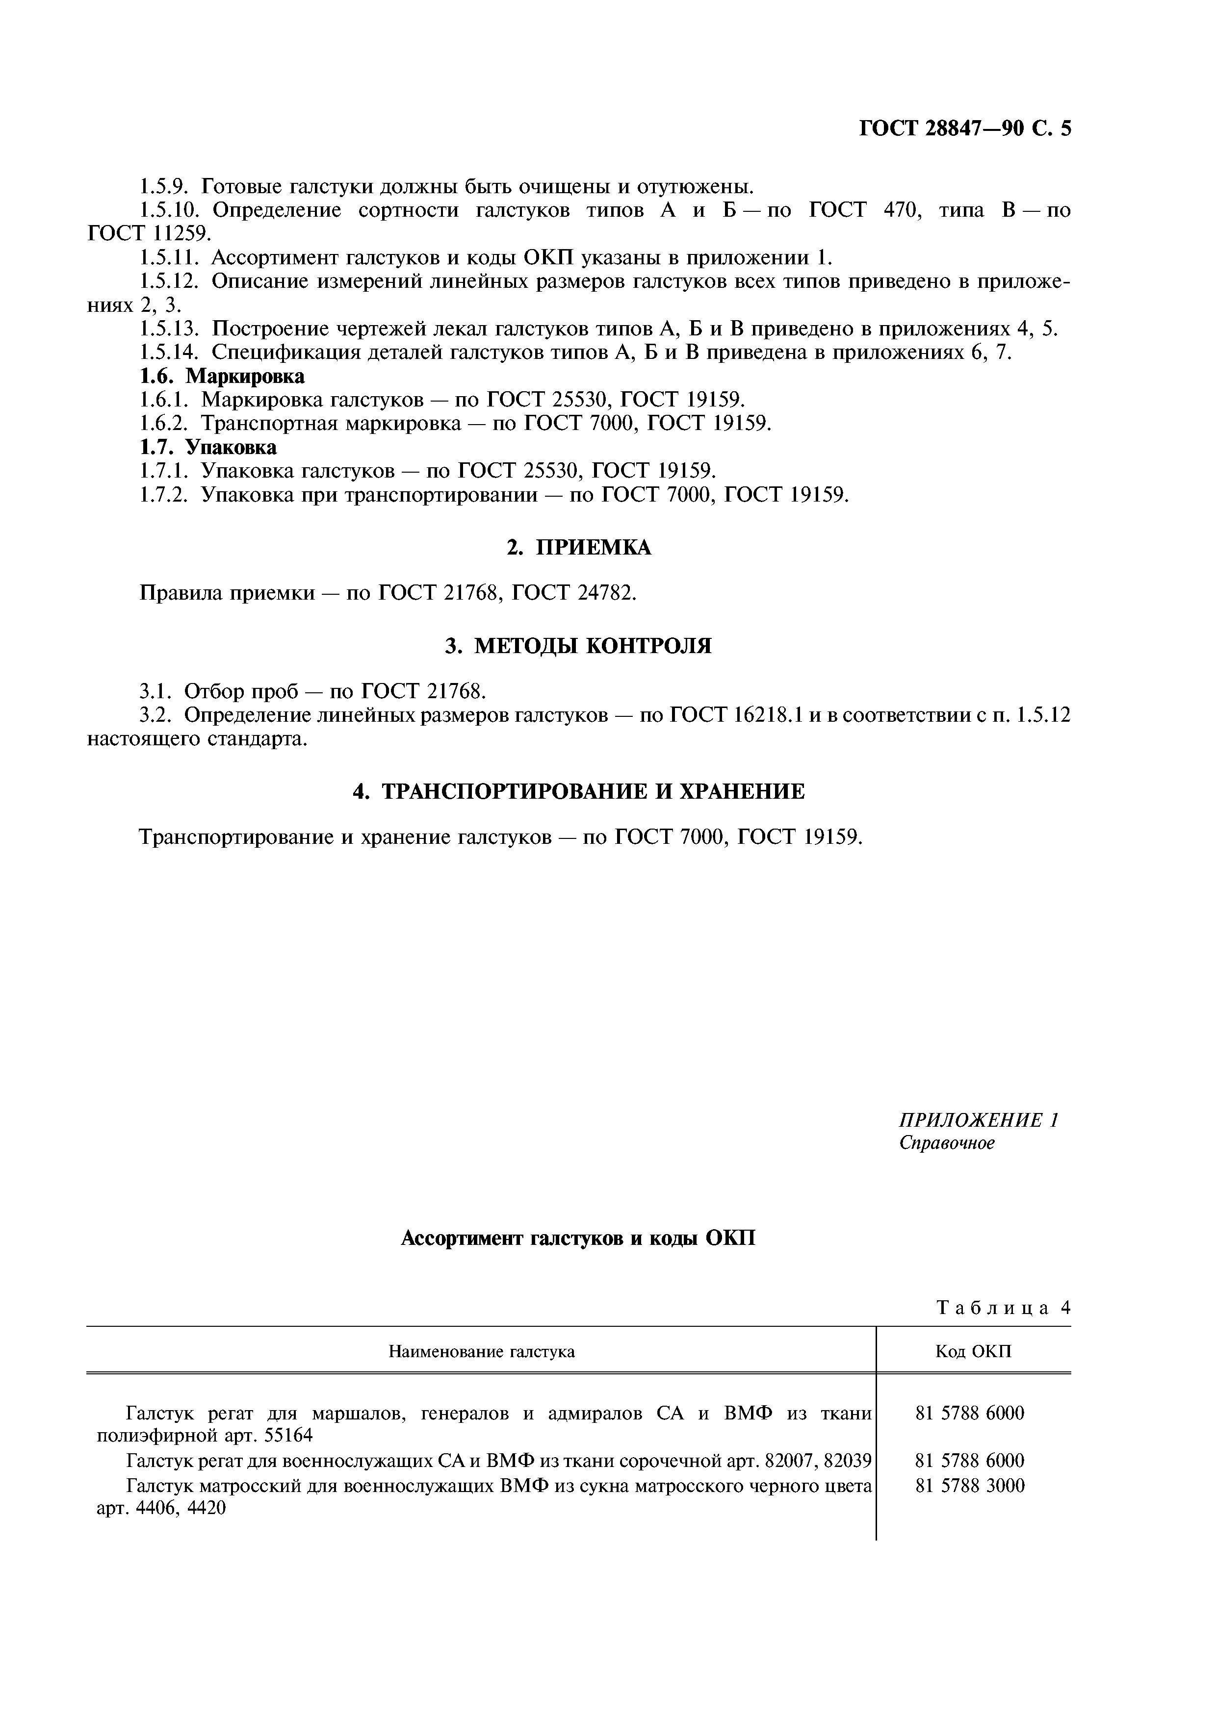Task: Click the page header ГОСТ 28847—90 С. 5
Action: [964, 129]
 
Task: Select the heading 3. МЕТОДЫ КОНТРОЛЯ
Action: [578, 645]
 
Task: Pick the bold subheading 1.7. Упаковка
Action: [208, 447]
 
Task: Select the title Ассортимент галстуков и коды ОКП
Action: [578, 1239]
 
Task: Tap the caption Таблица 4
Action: [1003, 1308]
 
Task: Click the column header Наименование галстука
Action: [481, 1351]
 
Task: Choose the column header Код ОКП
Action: [973, 1351]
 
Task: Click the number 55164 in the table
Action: [288, 1435]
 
